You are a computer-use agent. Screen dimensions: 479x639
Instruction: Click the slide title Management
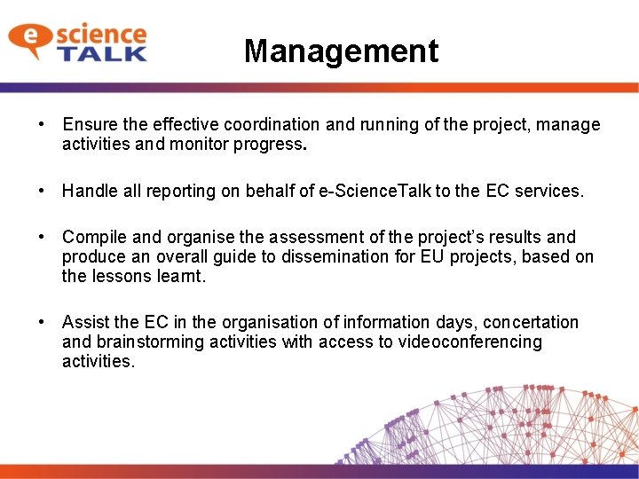[x=341, y=51]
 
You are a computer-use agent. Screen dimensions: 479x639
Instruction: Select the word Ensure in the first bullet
[x=88, y=125]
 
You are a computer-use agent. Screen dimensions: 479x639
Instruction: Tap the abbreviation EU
[x=471, y=256]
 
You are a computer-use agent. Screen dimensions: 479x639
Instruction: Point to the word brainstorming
[x=154, y=342]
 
